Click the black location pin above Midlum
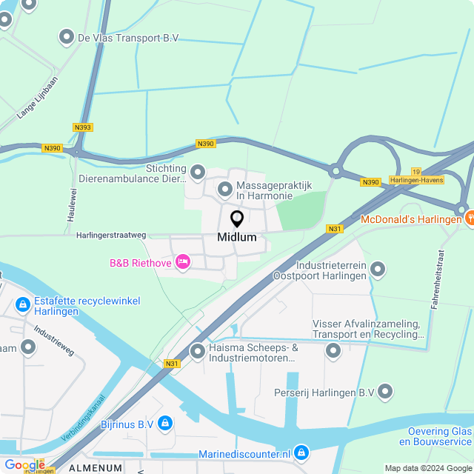(x=237, y=219)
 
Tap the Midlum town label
(x=237, y=238)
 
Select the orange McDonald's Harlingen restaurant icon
(x=470, y=218)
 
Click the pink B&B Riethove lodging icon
(x=183, y=262)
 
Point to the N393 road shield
(x=83, y=127)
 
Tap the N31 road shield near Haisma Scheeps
(x=173, y=364)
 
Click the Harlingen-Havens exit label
(x=415, y=180)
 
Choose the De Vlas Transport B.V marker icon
(x=67, y=37)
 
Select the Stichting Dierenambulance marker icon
(x=198, y=173)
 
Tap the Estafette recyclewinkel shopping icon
(x=22, y=304)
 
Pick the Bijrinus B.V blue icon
(x=164, y=424)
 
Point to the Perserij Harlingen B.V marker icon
(x=385, y=392)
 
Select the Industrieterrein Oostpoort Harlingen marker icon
(x=378, y=270)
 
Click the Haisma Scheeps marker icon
(x=198, y=353)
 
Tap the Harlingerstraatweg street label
(x=111, y=235)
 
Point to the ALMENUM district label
(x=95, y=468)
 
